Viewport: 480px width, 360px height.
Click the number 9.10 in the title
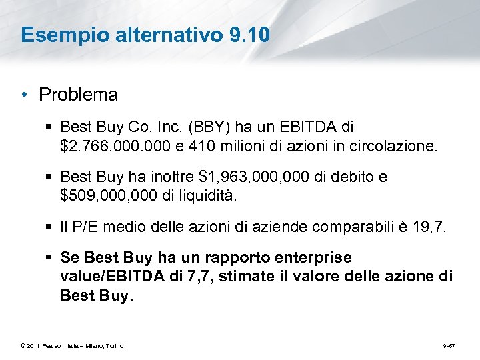(x=249, y=35)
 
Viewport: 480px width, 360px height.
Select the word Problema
(x=79, y=95)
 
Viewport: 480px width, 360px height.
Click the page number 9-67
(x=449, y=345)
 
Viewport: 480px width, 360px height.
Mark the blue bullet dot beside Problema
(x=24, y=95)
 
